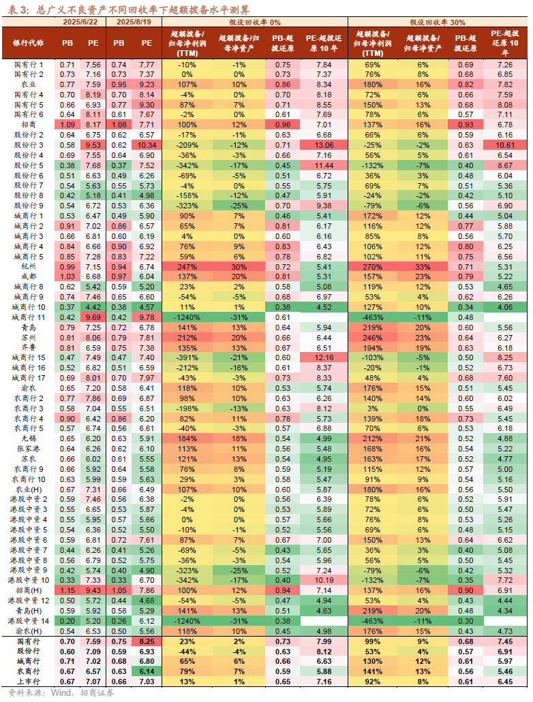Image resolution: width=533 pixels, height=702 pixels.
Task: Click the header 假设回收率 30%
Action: pyautogui.click(x=438, y=22)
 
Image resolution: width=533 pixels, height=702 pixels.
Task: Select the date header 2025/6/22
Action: pyautogui.click(x=81, y=22)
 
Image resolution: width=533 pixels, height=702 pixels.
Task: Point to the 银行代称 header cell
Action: pyautogui.click(x=28, y=42)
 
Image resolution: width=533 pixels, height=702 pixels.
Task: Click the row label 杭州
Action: pyautogui.click(x=28, y=267)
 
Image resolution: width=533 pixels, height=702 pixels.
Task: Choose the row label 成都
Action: pyautogui.click(x=28, y=277)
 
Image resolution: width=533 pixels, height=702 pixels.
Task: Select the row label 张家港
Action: pyautogui.click(x=28, y=449)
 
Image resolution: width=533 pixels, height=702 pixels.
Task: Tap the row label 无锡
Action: pyautogui.click(x=28, y=439)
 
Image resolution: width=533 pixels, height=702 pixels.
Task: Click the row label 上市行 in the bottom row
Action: pyautogui.click(x=28, y=682)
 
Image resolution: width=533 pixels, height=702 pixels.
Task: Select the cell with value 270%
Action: pyautogui.click(x=373, y=267)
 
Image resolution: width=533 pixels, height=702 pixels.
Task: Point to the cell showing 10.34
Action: pyautogui.click(x=147, y=145)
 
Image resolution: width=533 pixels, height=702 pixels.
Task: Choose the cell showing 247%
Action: pyautogui.click(x=187, y=267)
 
